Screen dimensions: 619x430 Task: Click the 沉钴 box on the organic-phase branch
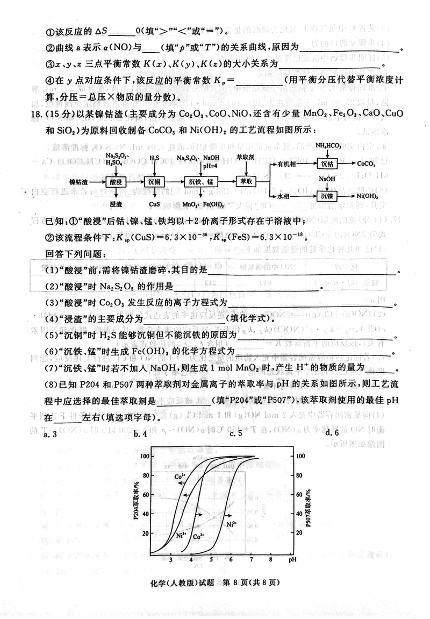[x=327, y=163]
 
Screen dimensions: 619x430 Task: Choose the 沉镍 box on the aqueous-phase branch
[x=327, y=196]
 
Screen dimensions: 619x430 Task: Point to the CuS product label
[x=153, y=205]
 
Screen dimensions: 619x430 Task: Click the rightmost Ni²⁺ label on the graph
[x=232, y=524]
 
